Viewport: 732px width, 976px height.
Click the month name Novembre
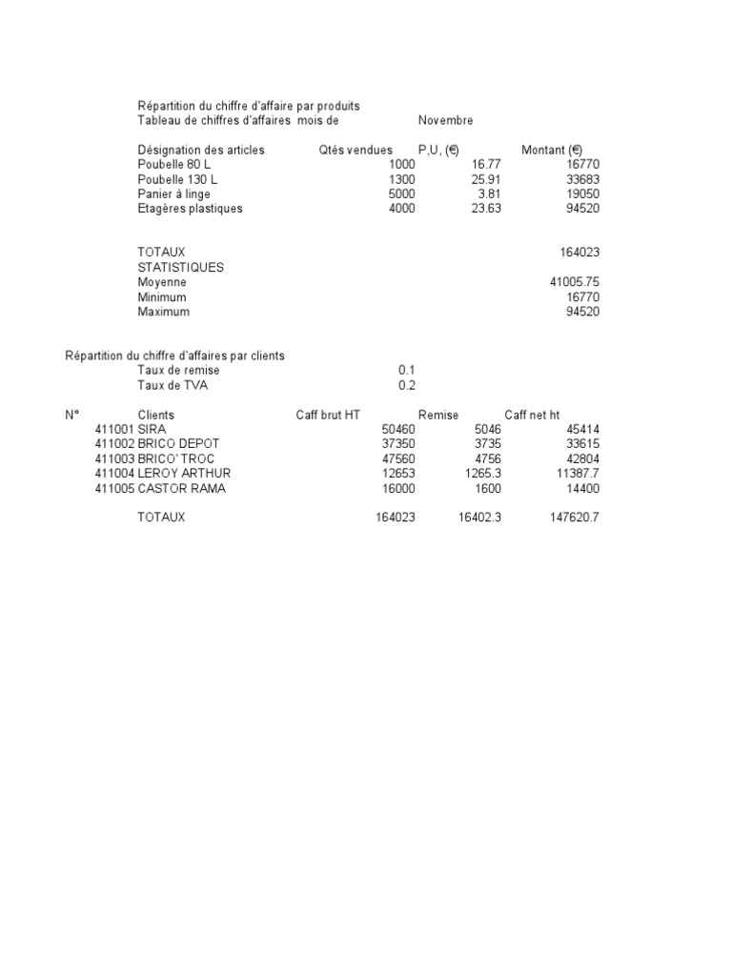coord(445,121)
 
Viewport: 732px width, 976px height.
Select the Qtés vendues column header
coord(355,150)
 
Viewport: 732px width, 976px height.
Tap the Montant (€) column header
coord(552,150)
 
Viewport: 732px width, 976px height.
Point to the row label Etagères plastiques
coord(191,209)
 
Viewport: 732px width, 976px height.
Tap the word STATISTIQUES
coord(181,268)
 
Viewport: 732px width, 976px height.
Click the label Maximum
coord(163,312)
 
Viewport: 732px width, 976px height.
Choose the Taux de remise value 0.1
coord(407,370)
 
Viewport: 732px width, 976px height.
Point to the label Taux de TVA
coord(173,385)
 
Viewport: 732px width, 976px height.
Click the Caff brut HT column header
coord(329,415)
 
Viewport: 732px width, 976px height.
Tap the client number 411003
coord(113,458)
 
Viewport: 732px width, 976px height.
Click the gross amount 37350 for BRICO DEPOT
coord(397,444)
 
